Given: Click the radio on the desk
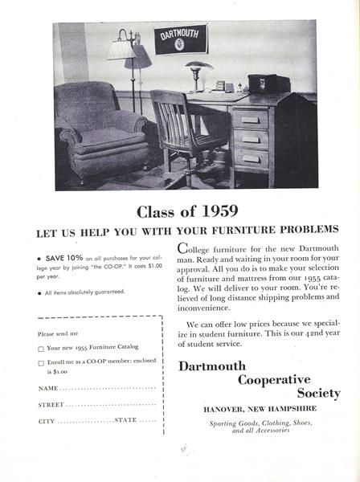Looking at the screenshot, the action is [x=261, y=82].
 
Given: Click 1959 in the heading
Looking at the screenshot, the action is [x=206, y=214].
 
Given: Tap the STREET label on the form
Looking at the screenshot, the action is [x=51, y=405].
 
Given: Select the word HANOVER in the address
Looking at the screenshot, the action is [x=223, y=410].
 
